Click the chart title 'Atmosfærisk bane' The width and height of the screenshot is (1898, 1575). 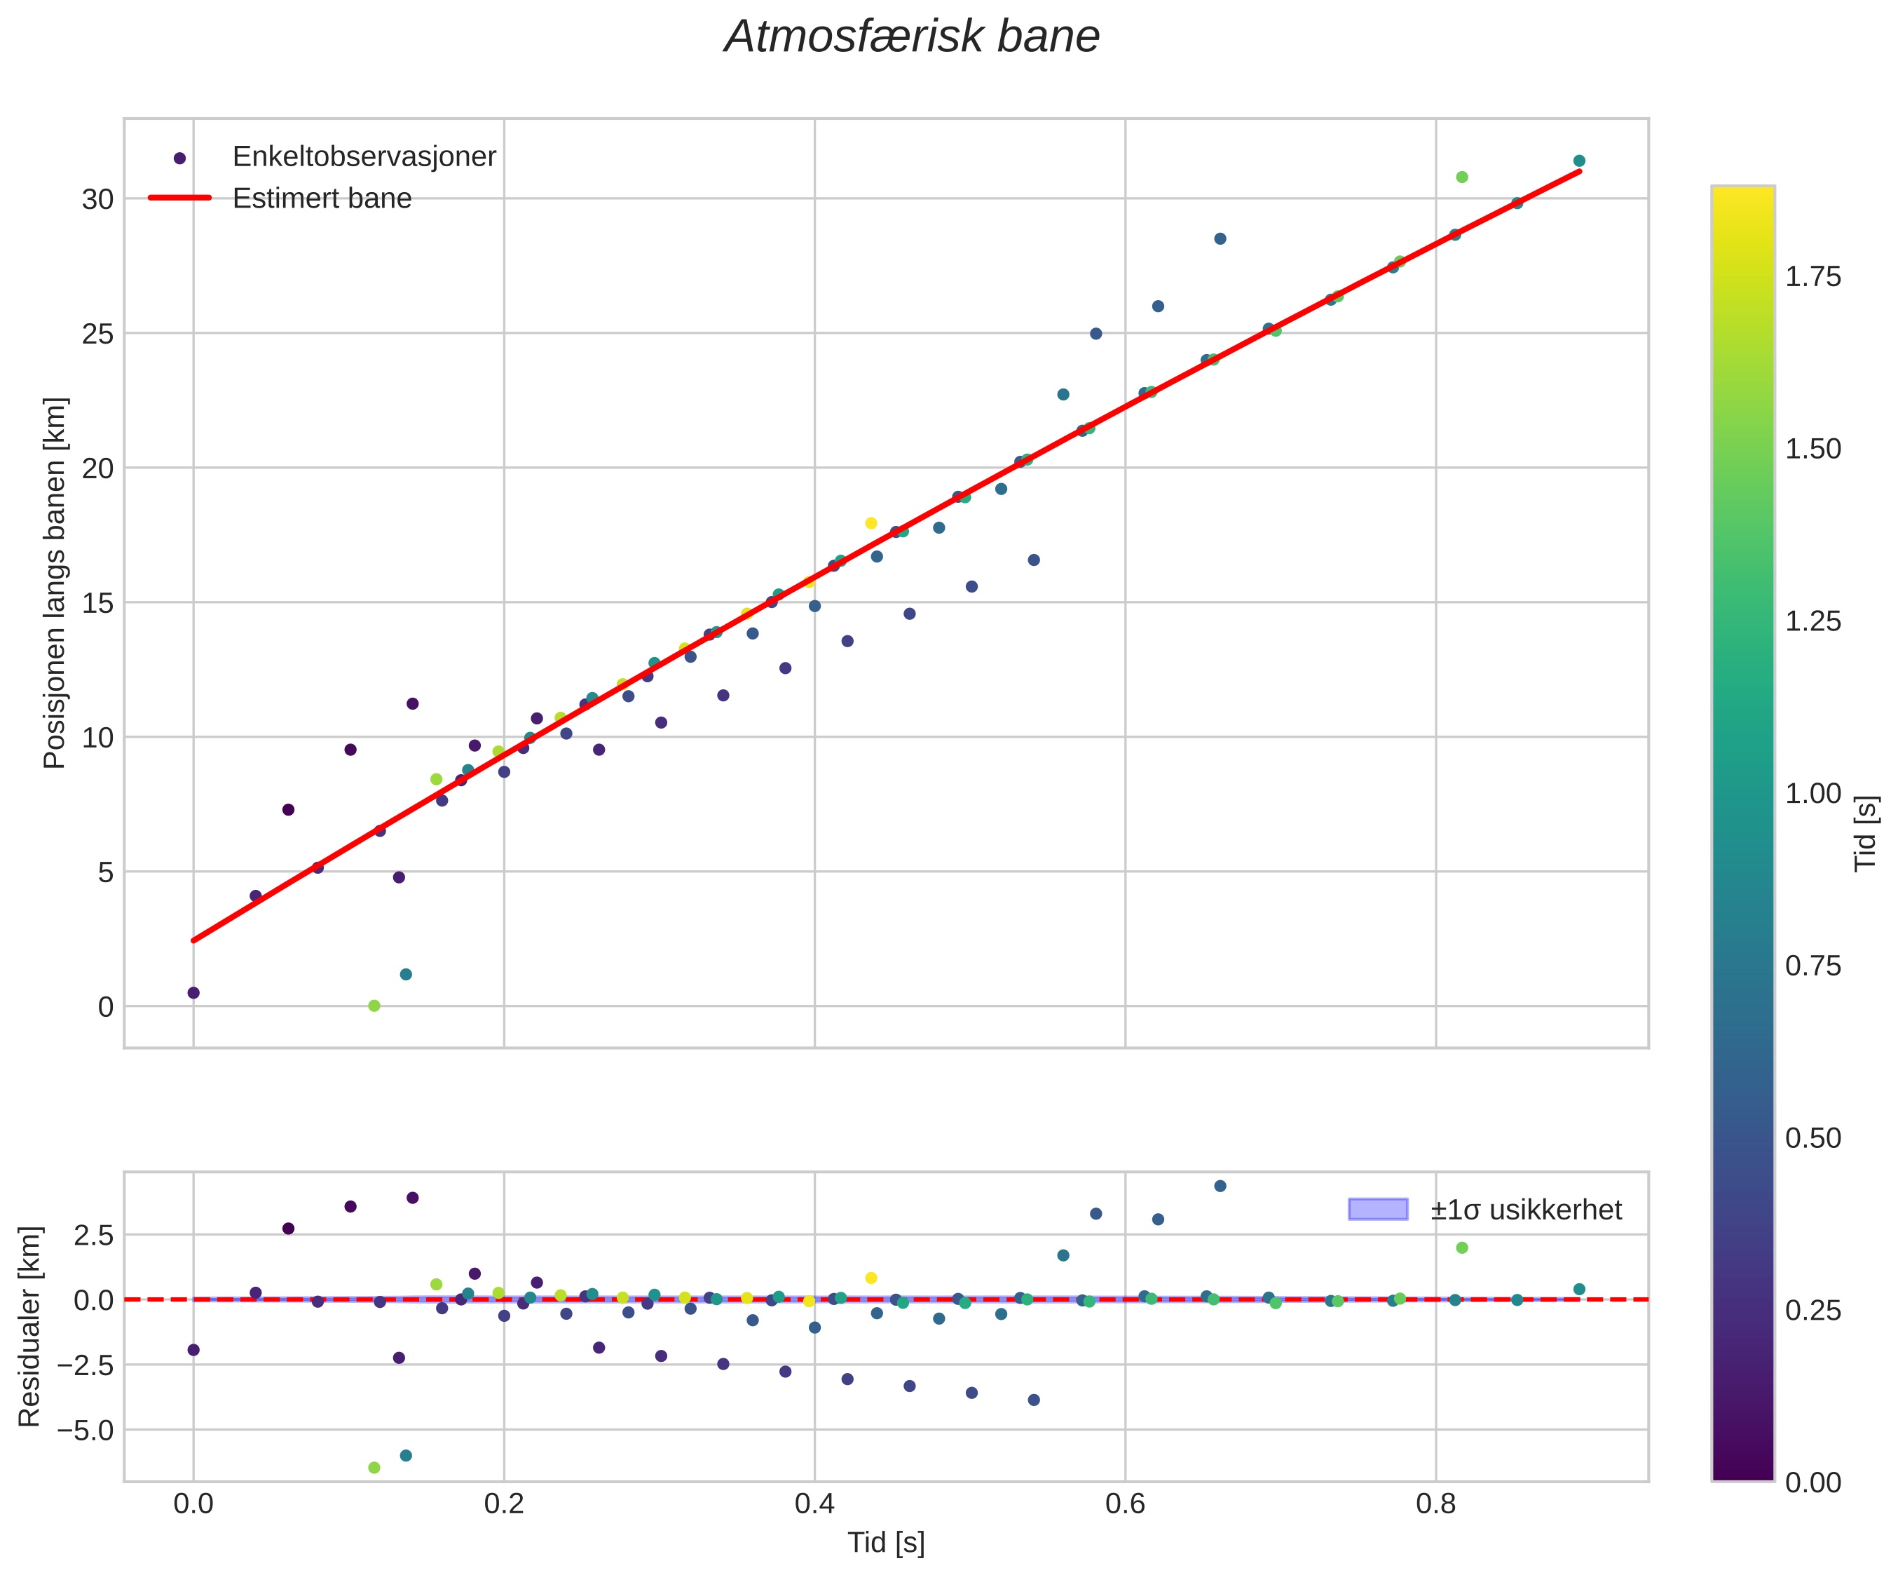click(912, 38)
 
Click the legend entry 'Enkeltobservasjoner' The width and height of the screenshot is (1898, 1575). click(364, 156)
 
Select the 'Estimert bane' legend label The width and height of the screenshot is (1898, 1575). click(322, 198)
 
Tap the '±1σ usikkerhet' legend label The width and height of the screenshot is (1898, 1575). click(1526, 1210)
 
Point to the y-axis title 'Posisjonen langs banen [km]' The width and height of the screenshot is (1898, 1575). click(55, 583)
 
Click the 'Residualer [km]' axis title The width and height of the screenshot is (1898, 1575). click(30, 1326)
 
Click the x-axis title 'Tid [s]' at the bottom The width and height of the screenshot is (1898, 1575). click(886, 1543)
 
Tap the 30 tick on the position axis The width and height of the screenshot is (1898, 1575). click(97, 200)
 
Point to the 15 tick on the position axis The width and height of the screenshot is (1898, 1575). click(97, 603)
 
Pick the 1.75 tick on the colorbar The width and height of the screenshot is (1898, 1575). click(1813, 277)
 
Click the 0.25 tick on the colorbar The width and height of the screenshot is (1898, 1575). click(1813, 1310)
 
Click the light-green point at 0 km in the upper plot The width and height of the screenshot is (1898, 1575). click(374, 1006)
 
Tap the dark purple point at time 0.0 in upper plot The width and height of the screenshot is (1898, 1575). click(193, 993)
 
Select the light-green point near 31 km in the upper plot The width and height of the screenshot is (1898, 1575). click(1461, 177)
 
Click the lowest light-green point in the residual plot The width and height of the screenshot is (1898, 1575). click(374, 1468)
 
